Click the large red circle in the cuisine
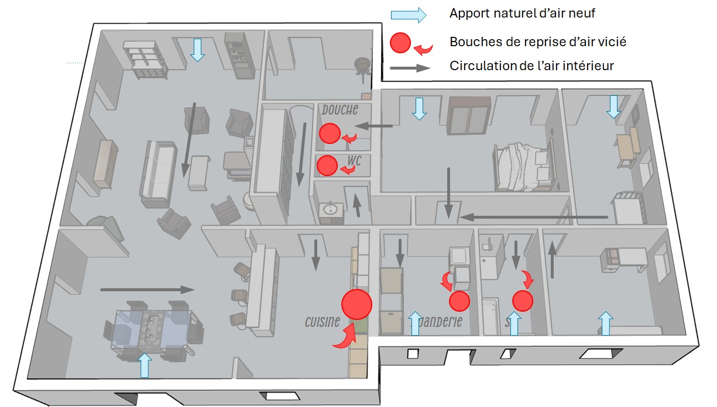coord(356,305)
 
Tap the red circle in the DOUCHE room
coord(329,133)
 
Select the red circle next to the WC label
coord(326,165)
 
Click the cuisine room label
coord(322,322)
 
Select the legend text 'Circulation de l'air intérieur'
coord(531,65)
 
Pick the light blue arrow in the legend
coord(409,15)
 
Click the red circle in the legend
coord(400,42)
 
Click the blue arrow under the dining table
coord(144,365)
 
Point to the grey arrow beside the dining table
coord(147,289)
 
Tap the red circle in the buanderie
coord(459,301)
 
